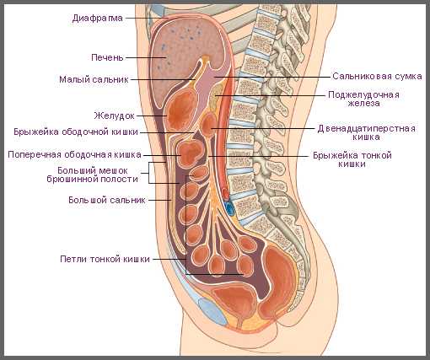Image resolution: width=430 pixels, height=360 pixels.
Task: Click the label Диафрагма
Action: (x=98, y=19)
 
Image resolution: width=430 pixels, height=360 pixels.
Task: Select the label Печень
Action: (x=107, y=57)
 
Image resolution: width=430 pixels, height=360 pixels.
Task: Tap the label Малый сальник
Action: (x=94, y=79)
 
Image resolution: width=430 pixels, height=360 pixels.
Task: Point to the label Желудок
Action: (x=115, y=116)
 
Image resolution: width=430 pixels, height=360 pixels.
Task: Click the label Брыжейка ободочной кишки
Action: (x=76, y=132)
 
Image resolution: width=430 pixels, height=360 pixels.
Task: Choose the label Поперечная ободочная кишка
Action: (x=74, y=154)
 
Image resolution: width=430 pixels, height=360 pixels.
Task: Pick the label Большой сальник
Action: (x=107, y=200)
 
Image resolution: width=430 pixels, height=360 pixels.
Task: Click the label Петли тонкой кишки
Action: (x=105, y=259)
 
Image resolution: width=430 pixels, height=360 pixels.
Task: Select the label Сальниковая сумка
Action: (x=377, y=77)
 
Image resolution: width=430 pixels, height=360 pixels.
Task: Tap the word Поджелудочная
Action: (x=363, y=94)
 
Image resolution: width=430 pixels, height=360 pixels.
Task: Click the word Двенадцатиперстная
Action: (x=367, y=129)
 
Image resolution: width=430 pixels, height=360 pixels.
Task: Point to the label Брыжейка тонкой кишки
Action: (x=352, y=159)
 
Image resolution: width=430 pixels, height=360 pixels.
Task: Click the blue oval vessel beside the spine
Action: (x=230, y=208)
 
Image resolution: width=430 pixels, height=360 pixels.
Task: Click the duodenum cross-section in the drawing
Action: (x=208, y=124)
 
